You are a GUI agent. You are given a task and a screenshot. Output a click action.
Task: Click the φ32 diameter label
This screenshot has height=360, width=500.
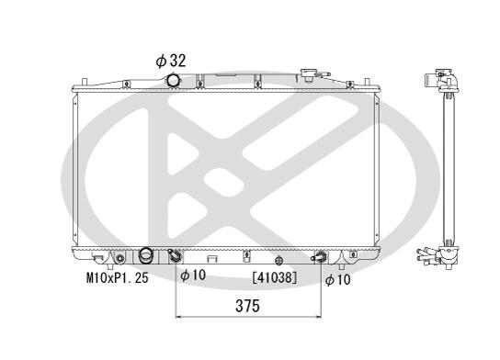tap(171, 61)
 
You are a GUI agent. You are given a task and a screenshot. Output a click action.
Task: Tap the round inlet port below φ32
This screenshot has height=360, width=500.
tap(173, 80)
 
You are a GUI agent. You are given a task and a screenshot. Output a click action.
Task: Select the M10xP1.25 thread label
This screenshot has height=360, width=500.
tap(118, 278)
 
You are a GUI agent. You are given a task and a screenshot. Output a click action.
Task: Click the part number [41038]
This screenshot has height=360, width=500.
tap(275, 277)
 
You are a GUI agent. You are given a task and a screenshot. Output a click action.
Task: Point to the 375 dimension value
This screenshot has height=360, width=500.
tap(248, 306)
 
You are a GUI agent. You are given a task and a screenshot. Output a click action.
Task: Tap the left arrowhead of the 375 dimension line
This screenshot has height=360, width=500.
tap(178, 317)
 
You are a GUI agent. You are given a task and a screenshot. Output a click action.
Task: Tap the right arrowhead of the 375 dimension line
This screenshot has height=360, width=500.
tap(319, 317)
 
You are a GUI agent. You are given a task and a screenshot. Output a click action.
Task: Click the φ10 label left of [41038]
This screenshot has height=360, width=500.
tap(193, 276)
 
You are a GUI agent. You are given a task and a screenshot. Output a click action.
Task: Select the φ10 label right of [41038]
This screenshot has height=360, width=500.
tap(337, 280)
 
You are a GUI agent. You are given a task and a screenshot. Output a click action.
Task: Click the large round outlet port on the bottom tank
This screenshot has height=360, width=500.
tap(146, 255)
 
